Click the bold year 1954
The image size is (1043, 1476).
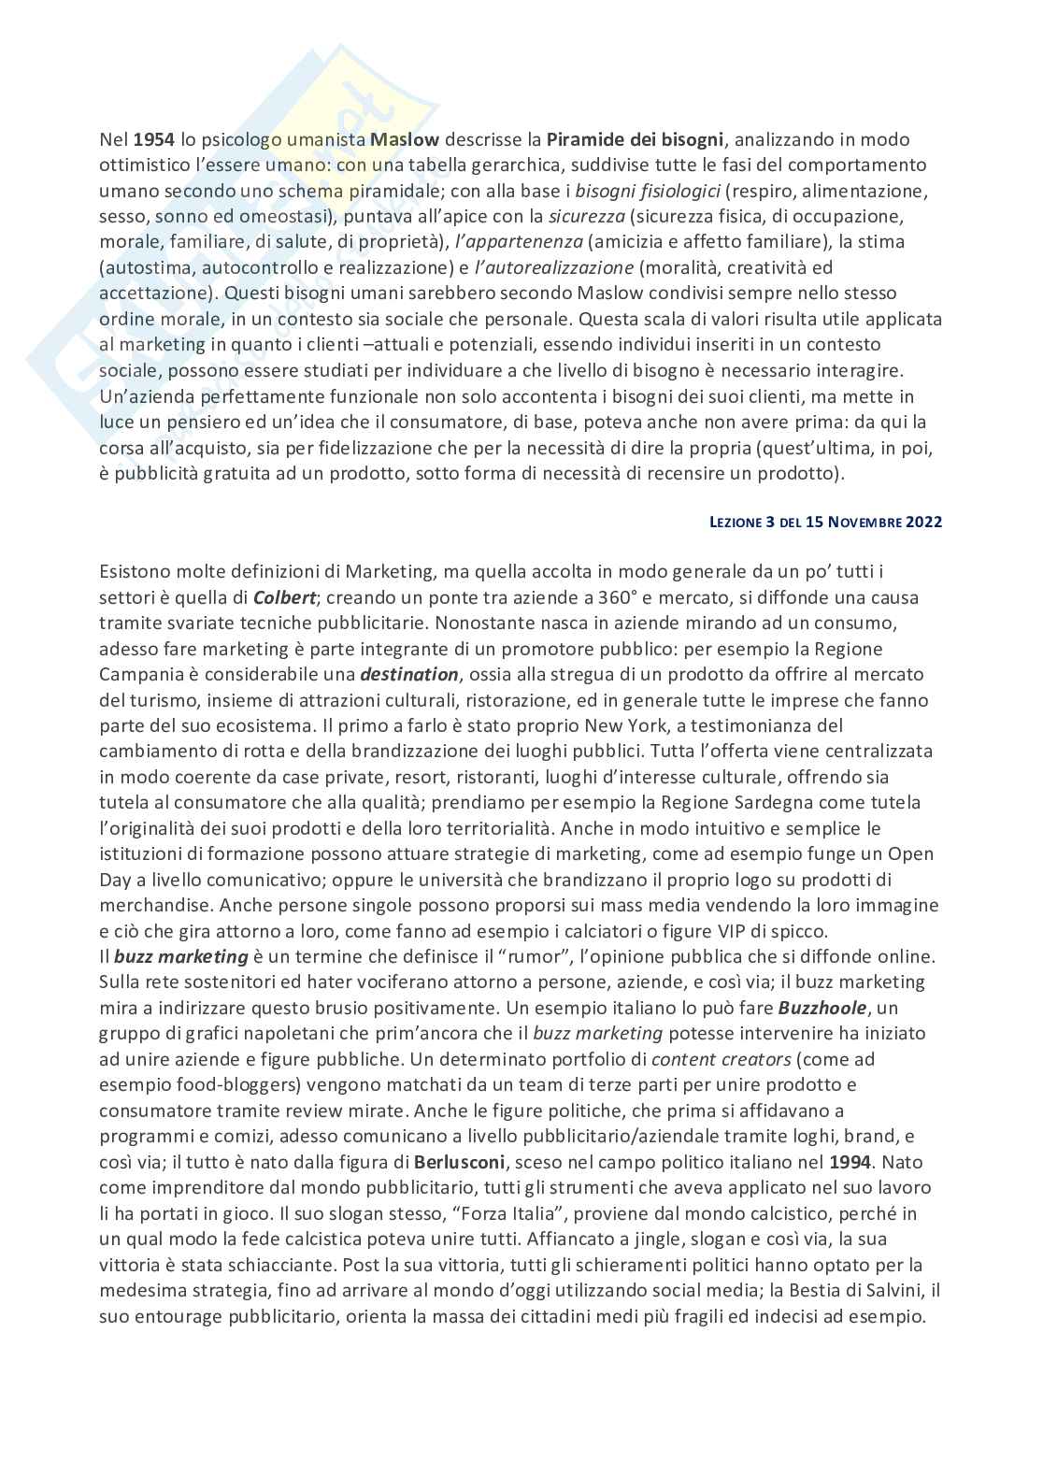pos(154,140)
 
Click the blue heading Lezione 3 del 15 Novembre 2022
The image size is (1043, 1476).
pos(826,523)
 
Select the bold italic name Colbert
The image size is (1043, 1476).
pos(287,597)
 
